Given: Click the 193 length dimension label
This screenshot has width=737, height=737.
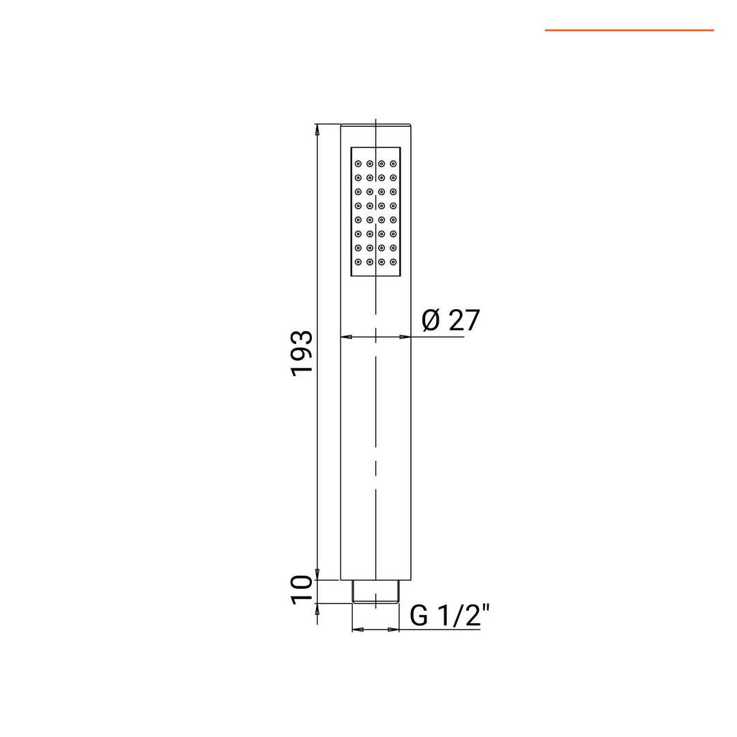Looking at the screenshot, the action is point(302,353).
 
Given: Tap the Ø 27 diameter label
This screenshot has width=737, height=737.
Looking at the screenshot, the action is point(451,320).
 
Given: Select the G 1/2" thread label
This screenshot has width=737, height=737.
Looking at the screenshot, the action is point(450,616).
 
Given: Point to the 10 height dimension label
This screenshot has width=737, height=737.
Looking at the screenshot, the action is point(302,590).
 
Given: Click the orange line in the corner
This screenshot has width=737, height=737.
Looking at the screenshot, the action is point(629,30).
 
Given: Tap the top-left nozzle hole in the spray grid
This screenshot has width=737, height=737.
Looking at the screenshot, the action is point(358,164).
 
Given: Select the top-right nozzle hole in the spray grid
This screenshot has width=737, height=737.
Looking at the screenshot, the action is point(393,164).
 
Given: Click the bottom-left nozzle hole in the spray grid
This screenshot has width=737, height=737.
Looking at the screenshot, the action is point(358,262).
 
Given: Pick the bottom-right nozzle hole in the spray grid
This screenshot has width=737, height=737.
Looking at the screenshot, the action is point(393,262).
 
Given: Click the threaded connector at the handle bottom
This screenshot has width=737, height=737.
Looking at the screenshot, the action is point(375,591).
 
